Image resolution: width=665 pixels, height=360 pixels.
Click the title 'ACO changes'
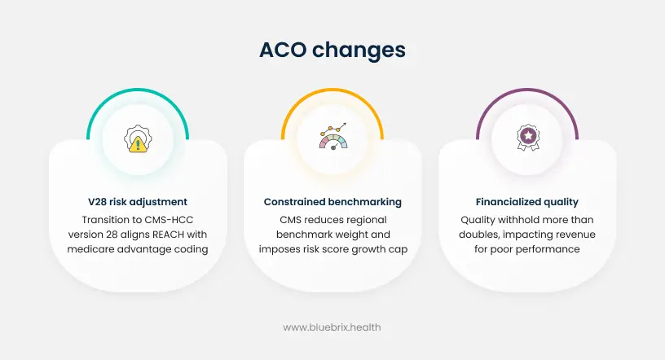tap(332, 50)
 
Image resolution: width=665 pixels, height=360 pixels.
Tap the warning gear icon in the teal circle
tap(138, 139)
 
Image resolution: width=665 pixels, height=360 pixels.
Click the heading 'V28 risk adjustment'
tap(138, 201)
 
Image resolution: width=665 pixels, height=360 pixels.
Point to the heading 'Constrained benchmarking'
tap(332, 201)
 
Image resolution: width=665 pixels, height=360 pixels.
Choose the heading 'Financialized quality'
tap(527, 201)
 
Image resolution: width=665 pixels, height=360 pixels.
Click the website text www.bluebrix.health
tap(332, 327)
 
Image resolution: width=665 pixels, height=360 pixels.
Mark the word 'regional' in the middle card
tap(367, 219)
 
